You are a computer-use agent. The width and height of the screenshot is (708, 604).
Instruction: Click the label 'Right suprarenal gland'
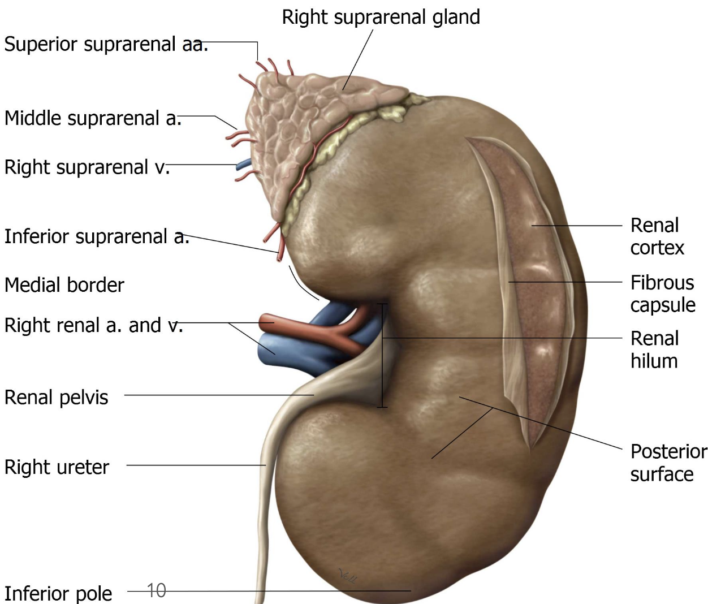(381, 17)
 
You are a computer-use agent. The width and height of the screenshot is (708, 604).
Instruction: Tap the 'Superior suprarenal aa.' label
(106, 44)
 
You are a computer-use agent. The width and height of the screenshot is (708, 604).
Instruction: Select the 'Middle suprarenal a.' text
(93, 118)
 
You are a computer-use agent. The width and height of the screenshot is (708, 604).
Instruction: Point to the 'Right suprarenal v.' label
(87, 167)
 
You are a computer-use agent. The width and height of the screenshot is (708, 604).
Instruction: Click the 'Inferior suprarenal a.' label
(96, 236)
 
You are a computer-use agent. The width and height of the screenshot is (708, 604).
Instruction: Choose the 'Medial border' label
(64, 284)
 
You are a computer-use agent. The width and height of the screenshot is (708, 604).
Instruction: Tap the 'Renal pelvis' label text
(56, 397)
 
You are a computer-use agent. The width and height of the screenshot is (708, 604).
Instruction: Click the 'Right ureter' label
(57, 467)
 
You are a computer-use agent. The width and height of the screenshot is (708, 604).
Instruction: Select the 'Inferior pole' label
(58, 593)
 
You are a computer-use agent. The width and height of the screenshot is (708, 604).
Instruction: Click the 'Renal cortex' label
(657, 236)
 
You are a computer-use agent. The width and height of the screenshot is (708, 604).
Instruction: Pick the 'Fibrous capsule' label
(662, 294)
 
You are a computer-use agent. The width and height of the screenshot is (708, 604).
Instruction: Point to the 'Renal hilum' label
(654, 350)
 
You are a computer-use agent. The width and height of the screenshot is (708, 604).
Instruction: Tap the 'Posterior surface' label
(668, 463)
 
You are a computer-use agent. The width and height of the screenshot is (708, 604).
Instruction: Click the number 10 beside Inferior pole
(157, 590)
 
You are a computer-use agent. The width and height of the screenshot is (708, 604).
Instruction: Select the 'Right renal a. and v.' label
(93, 325)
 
